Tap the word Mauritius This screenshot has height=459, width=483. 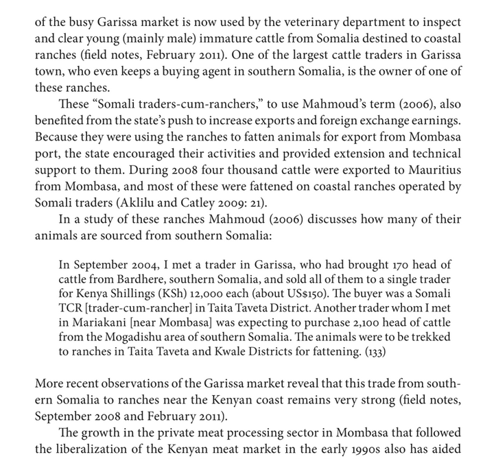432,169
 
